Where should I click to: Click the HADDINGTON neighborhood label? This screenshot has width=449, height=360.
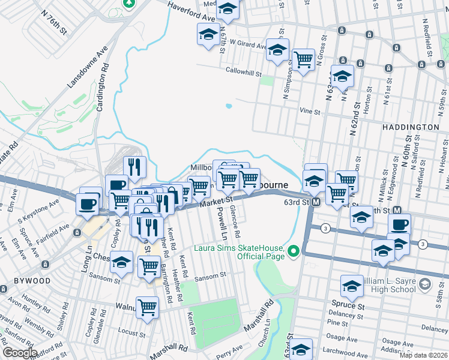coord(409,128)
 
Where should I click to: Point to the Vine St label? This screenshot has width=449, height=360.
coord(310,112)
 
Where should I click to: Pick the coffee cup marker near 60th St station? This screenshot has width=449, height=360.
coord(399,224)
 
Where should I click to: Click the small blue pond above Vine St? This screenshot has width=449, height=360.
coord(229,106)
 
